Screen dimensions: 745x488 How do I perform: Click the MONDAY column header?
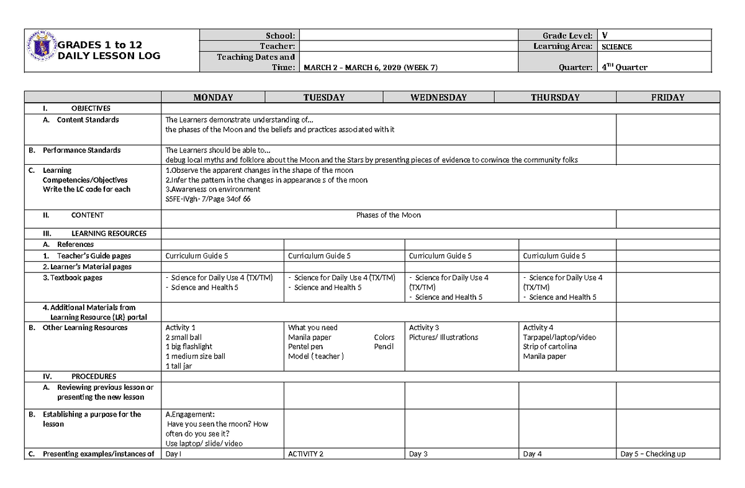point(213,98)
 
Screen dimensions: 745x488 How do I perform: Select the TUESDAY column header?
point(323,98)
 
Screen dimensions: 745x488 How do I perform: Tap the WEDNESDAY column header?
point(438,98)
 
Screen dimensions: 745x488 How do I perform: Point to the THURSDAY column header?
point(555,98)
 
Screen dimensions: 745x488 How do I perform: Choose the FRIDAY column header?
point(668,98)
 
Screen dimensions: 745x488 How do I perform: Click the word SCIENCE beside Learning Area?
point(616,47)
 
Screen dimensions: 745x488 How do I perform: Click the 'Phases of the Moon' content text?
point(388,215)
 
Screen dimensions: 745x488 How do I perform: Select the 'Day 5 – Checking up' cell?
point(652,454)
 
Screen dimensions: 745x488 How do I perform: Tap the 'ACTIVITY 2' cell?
point(305,454)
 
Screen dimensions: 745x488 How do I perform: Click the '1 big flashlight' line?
point(189,346)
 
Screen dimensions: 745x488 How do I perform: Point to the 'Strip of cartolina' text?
point(549,346)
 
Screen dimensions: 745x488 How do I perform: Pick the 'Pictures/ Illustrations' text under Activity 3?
point(443,337)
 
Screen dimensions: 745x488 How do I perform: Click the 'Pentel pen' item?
point(305,346)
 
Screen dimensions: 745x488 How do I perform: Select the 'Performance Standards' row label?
point(81,150)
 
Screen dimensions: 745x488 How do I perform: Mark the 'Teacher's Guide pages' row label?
point(94,256)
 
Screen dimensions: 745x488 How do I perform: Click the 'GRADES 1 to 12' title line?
point(101,45)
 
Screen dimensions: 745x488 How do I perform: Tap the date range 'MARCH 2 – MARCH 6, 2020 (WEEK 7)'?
point(370,68)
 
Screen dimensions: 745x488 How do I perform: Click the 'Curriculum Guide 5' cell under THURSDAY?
point(554,256)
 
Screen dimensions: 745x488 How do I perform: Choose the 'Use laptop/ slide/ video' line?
point(204,443)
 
